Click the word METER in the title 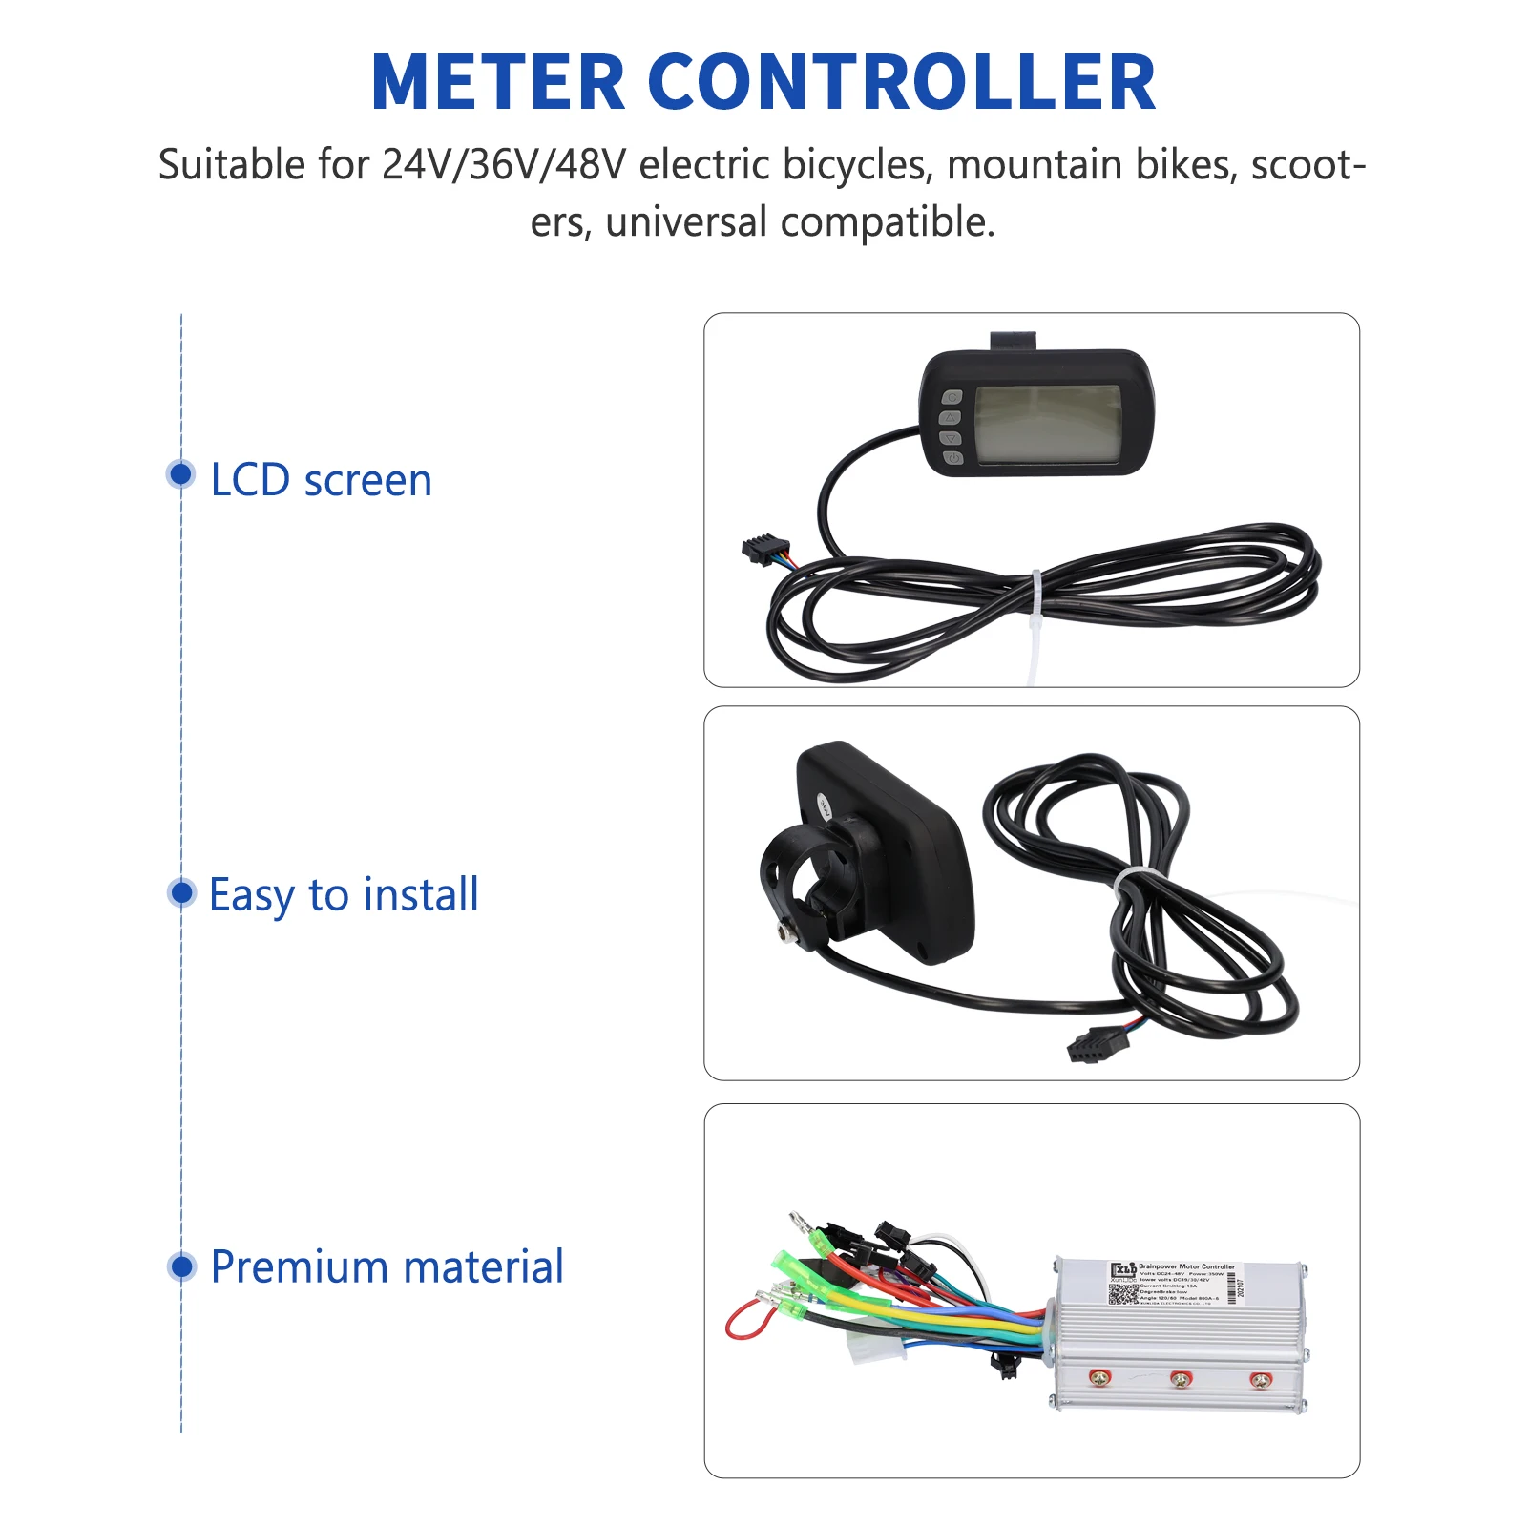497,83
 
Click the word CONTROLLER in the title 902,83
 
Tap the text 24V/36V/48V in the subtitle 504,165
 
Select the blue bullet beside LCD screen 180,474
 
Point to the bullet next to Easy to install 180,892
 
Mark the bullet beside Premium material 180,1266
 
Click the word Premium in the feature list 299,1267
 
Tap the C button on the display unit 952,398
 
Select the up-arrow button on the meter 951,418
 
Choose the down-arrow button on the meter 951,438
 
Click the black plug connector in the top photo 759,550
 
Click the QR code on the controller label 1123,1293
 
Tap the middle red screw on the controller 1181,1379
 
